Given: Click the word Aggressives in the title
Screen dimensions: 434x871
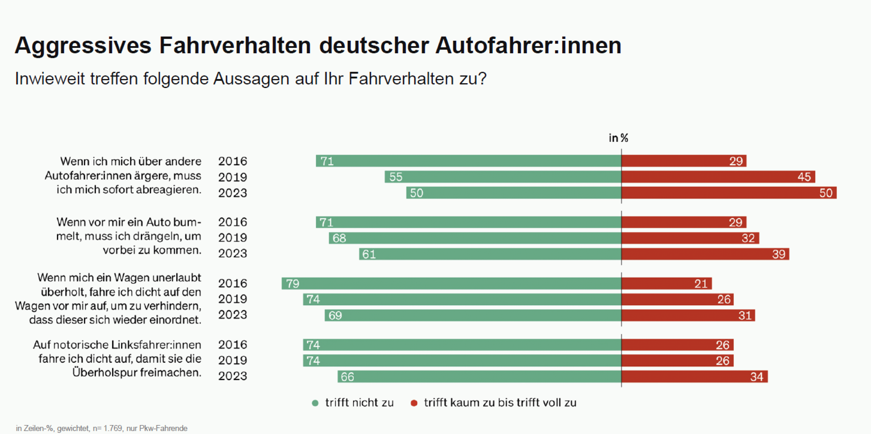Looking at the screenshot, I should tap(83, 46).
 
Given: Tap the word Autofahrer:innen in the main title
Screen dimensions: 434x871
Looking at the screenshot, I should tap(528, 46).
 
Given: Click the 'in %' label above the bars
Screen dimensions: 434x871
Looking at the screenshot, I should tap(618, 138).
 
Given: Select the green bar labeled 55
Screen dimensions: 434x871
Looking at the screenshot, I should tap(503, 177).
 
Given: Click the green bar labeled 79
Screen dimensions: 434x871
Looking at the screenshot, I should tap(451, 283).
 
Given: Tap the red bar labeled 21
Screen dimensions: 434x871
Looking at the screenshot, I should tap(666, 283).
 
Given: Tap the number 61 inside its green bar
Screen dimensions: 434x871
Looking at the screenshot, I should tap(369, 254).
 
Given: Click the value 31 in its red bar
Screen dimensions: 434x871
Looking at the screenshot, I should tap(745, 315).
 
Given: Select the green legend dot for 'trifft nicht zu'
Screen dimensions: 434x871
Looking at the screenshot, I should tap(315, 403).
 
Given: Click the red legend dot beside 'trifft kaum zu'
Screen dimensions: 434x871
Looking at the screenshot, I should tap(414, 403).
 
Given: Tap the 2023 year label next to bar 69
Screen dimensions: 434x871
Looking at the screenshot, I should tap(232, 315).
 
